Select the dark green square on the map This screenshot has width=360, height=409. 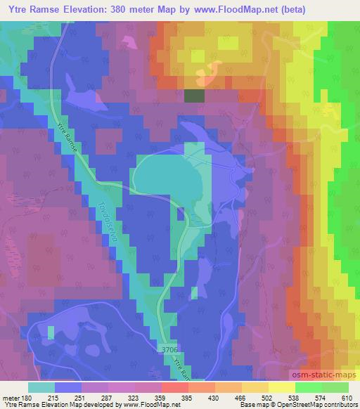coord(194,96)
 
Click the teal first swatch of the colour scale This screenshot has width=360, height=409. coord(41,387)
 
